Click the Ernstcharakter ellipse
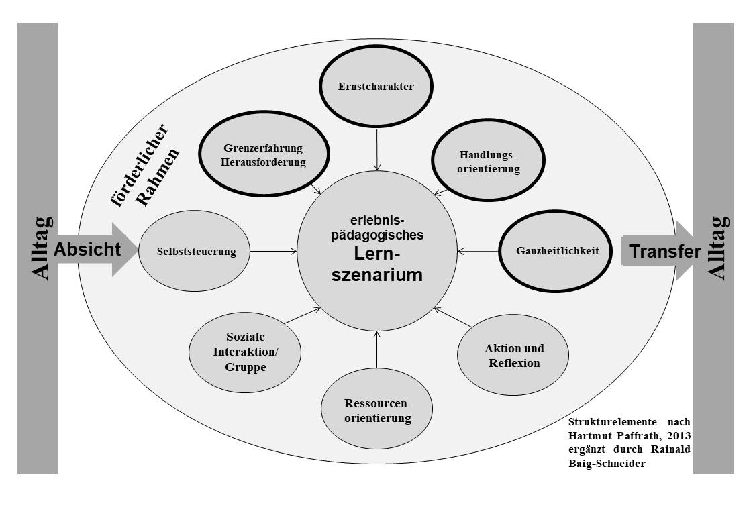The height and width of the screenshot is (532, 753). point(376,87)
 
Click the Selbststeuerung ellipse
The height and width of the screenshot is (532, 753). point(187,252)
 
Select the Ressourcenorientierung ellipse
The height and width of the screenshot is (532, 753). point(376,411)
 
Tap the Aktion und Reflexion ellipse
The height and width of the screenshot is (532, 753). point(513,356)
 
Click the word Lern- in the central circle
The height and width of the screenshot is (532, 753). point(377,254)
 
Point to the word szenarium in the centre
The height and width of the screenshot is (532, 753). point(377,274)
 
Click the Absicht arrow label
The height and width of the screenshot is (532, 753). point(87,250)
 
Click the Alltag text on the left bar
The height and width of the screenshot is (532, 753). point(41,248)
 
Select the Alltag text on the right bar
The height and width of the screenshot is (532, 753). point(716,248)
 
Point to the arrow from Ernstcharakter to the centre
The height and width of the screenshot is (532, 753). point(377,149)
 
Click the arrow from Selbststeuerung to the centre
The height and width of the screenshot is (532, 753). point(266,252)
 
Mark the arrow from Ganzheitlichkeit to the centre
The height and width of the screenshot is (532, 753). point(479,252)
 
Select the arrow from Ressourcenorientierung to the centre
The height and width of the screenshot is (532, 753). point(377,348)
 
